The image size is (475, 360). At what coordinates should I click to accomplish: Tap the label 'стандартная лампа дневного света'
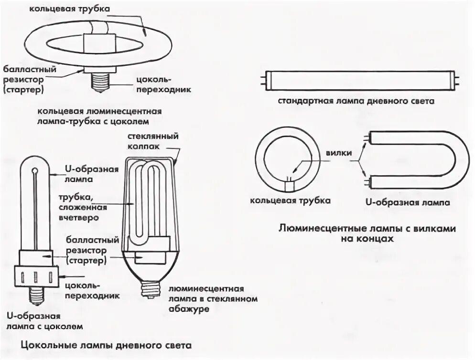pos(357,101)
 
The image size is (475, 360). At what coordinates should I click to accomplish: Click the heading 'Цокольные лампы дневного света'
pos(106,345)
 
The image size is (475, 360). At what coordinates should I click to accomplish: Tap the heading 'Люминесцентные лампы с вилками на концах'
pos(367,233)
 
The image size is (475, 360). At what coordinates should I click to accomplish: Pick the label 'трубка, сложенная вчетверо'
pos(79,207)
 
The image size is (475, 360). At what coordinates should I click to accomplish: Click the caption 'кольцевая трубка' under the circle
pos(290,201)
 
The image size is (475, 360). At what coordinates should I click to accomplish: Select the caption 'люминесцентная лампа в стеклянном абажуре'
pos(212,299)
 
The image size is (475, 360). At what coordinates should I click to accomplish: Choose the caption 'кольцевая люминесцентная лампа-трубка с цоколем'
pos(100,116)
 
